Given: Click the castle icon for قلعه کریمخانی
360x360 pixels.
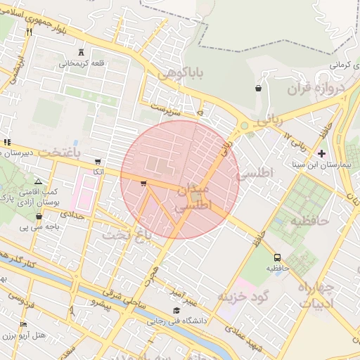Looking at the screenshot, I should [82, 52].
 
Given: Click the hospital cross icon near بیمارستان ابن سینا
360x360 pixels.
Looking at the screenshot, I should [321, 153].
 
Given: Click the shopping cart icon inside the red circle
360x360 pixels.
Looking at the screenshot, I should [143, 184].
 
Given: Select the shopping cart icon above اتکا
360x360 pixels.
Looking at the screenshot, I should [97, 161].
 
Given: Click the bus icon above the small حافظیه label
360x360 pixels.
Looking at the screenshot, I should [278, 257].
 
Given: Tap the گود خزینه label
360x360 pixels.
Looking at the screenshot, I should [243, 296].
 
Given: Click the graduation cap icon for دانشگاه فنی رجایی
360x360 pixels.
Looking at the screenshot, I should [176, 310].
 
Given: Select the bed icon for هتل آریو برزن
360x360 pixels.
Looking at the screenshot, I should [23, 324].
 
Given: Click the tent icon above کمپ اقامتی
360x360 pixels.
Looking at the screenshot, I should [38, 181].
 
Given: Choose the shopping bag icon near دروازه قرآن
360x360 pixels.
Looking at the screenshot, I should [259, 89].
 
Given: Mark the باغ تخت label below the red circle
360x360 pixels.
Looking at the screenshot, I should [127, 235].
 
